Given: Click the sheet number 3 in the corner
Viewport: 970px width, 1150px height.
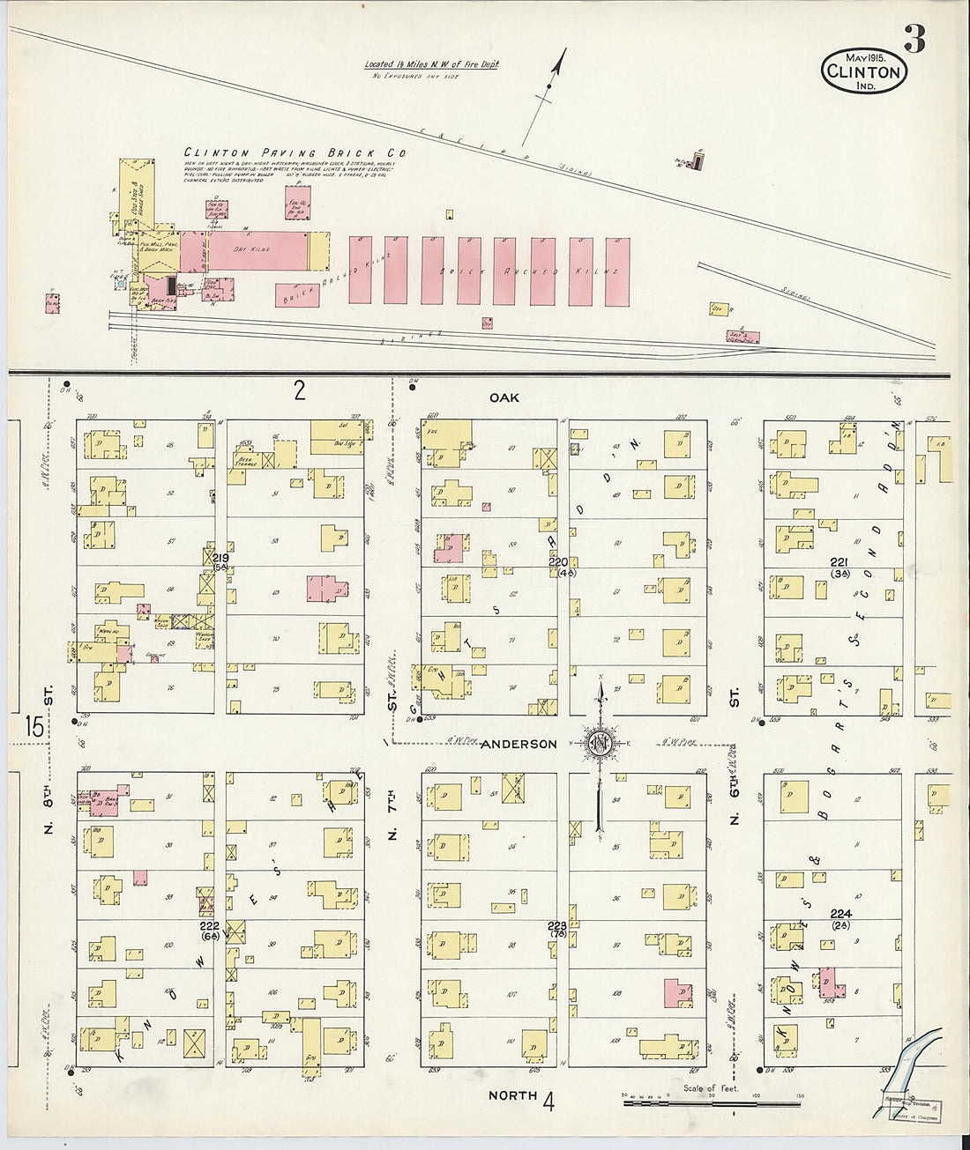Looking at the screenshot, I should (914, 39).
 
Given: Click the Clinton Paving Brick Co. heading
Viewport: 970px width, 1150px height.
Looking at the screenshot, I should (295, 152).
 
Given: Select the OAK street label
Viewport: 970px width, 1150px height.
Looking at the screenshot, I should (504, 398).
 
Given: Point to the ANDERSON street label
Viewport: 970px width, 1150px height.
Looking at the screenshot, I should (519, 744).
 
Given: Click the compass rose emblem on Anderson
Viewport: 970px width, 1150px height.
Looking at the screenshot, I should (600, 743).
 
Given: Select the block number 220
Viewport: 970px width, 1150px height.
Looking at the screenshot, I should (558, 561).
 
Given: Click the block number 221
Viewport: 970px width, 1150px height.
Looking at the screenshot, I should (839, 562).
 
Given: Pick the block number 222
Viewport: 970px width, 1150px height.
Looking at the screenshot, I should (209, 926).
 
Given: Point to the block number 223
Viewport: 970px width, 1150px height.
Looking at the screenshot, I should (557, 925).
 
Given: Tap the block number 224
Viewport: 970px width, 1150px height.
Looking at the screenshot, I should (840, 915).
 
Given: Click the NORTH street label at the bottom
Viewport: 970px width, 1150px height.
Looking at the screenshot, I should (512, 1095).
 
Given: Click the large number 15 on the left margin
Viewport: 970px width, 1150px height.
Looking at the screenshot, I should (34, 727).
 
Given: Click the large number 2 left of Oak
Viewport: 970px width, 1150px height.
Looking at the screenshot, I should (300, 390).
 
